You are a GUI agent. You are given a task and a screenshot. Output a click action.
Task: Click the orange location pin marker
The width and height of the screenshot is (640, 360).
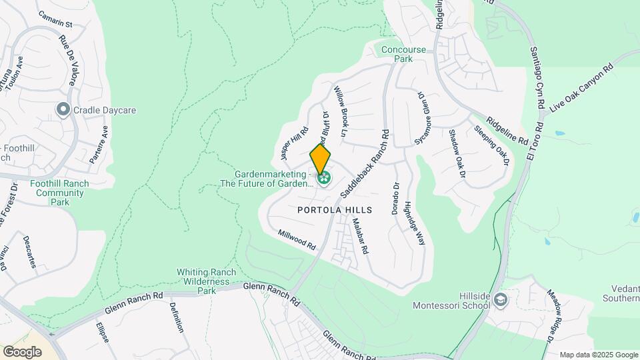[320, 159]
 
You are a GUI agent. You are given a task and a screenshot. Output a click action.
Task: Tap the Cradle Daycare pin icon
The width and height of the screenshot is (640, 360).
[63, 109]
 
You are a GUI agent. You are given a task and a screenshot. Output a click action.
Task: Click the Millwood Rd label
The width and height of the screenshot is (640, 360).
[297, 240]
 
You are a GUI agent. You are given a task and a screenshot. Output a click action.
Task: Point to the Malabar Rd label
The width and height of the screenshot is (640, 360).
[360, 237]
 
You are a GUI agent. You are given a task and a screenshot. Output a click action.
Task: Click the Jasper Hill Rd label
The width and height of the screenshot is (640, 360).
[294, 143]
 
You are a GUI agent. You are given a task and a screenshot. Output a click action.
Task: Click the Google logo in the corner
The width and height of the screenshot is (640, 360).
[22, 351]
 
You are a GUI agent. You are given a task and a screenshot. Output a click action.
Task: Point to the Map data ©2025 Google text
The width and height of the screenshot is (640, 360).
[598, 355]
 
